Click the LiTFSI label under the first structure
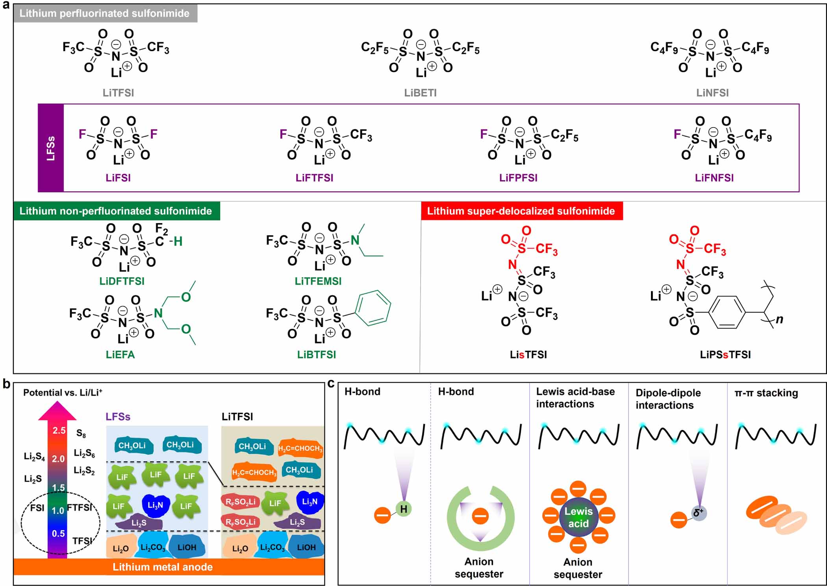click(118, 93)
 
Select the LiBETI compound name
click(420, 93)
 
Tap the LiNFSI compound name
click(712, 93)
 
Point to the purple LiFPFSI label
click(518, 178)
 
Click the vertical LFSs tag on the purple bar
click(51, 148)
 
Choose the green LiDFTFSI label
click(122, 281)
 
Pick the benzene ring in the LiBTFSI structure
click(373, 308)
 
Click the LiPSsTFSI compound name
click(725, 355)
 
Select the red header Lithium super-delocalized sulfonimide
click(521, 211)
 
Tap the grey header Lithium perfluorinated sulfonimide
click(104, 13)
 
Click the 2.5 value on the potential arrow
click(59, 431)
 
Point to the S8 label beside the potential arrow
click(81, 433)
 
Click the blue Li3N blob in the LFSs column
click(155, 505)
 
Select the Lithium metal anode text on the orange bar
click(163, 567)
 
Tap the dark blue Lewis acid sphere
click(578, 517)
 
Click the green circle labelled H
click(404, 509)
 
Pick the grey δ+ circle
click(699, 513)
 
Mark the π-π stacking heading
click(766, 393)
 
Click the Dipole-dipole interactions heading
click(668, 399)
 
